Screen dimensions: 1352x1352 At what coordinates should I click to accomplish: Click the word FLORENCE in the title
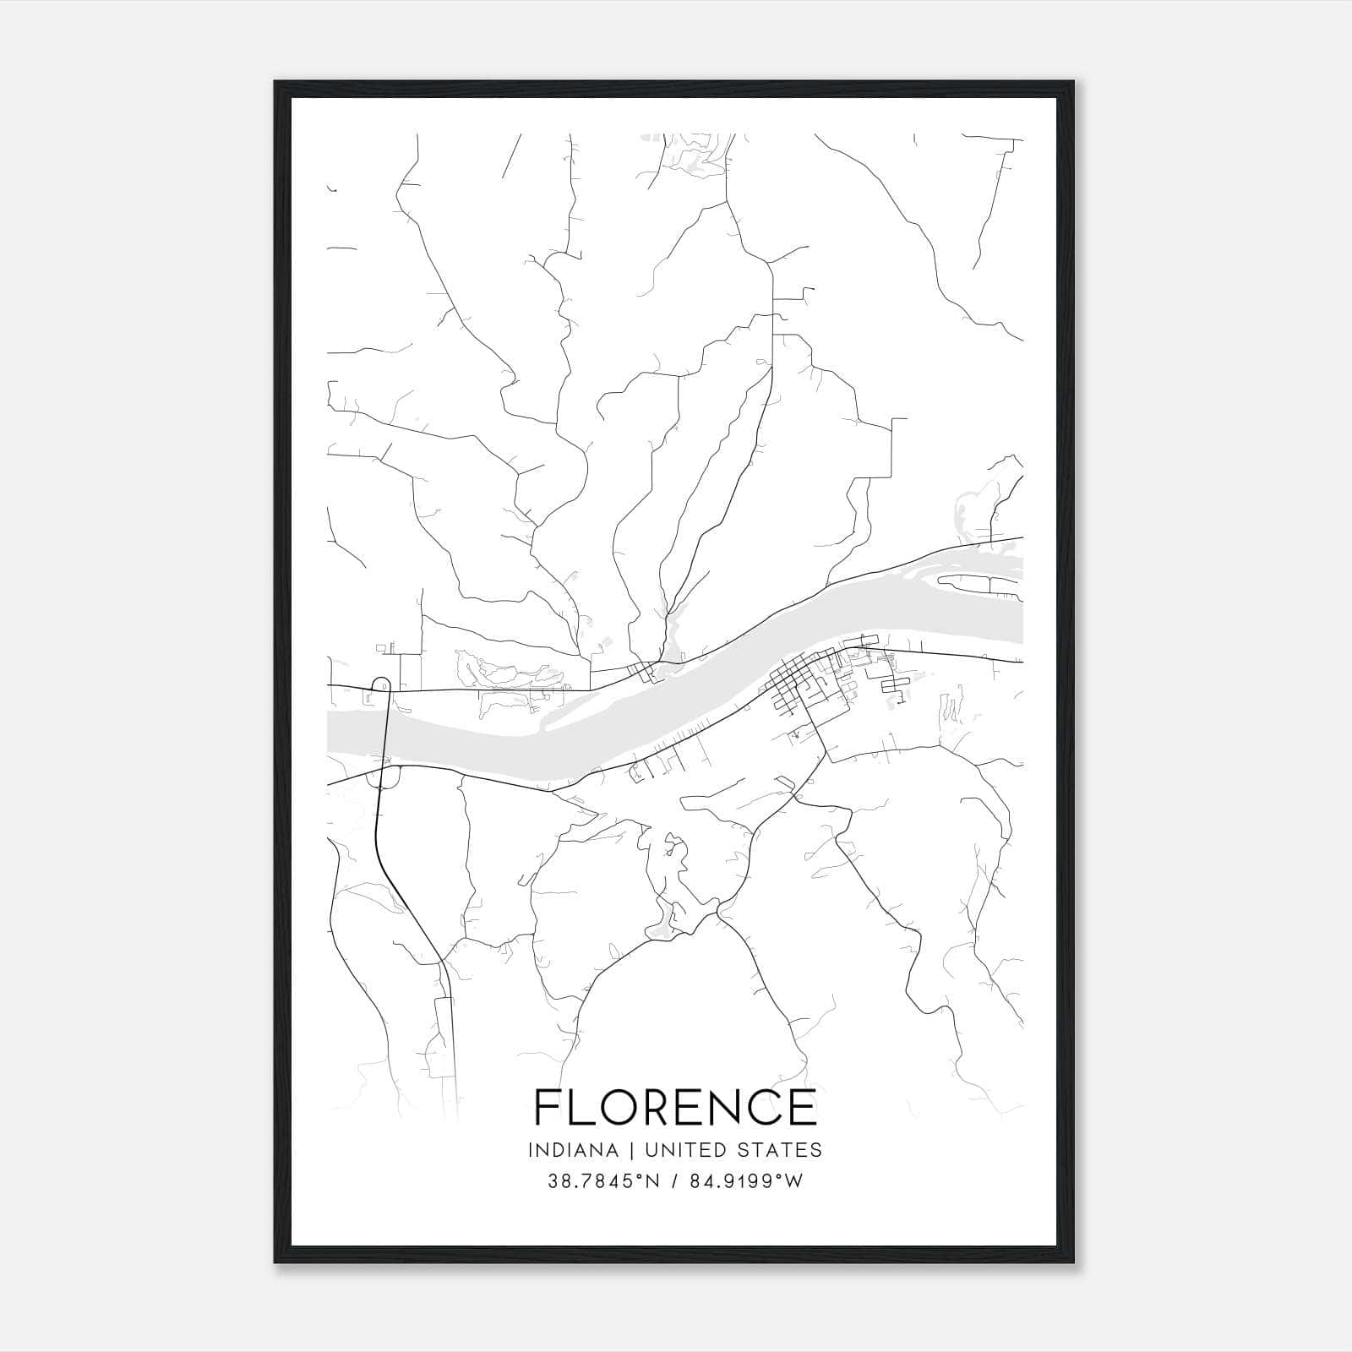(675, 1107)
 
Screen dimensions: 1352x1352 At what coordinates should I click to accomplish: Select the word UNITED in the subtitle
(690, 1150)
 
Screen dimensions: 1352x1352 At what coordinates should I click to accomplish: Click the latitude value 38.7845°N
(602, 1180)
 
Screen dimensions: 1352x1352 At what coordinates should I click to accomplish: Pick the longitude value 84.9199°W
(745, 1180)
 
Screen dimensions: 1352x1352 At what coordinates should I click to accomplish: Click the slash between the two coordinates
(673, 1180)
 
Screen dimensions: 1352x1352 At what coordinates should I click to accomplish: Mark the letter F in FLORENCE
(549, 1107)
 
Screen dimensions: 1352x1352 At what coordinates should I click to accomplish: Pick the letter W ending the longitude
(794, 1180)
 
